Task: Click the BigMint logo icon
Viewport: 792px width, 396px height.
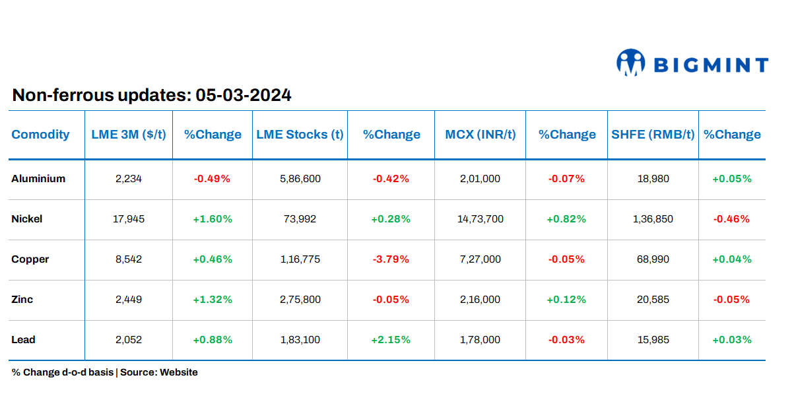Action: click(630, 62)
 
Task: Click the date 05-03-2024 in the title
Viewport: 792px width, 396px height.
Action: click(244, 96)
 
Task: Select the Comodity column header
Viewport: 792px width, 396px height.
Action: click(40, 135)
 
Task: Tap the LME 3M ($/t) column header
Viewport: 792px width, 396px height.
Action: click(129, 135)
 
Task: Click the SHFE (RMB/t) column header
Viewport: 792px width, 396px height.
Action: click(653, 135)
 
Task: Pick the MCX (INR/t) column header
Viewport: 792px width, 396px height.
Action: click(480, 135)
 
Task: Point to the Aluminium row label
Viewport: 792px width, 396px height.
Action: click(38, 179)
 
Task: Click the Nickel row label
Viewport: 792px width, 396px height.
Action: click(27, 219)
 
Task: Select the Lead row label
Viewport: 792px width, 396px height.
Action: click(24, 340)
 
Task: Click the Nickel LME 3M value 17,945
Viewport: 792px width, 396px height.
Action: click(129, 219)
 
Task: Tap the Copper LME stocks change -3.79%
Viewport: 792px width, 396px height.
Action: click(391, 259)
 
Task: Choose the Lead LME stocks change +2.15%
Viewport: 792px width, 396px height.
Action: click(391, 340)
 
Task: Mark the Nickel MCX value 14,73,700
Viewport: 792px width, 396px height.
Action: click(480, 219)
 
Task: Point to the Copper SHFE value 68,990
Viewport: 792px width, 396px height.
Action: click(653, 259)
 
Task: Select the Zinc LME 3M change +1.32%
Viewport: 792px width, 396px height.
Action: click(213, 300)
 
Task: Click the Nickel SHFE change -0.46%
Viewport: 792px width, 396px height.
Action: click(731, 219)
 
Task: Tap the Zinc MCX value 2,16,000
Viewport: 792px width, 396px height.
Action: click(480, 300)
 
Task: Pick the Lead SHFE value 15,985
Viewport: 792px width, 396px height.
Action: click(653, 340)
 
